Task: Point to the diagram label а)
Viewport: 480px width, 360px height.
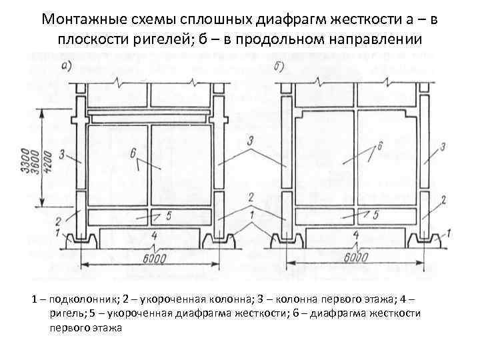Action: [67, 66]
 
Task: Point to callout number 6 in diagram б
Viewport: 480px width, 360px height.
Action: [379, 145]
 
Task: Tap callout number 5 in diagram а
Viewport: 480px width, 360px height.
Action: [169, 215]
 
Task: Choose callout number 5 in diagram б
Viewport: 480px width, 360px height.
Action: [377, 215]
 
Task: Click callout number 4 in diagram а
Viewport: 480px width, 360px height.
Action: [154, 235]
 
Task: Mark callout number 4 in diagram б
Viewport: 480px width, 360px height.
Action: [355, 235]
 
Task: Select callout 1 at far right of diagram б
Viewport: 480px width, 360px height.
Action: [449, 232]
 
